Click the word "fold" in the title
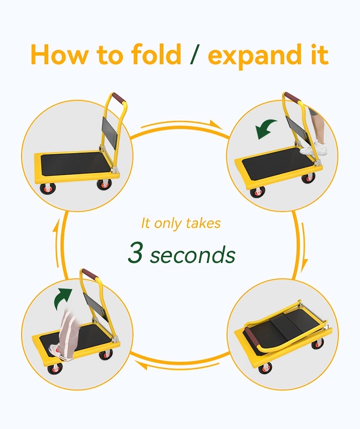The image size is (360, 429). [156, 54]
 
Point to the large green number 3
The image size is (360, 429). [135, 252]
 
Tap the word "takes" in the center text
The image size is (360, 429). [203, 223]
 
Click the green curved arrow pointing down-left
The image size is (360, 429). [265, 129]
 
